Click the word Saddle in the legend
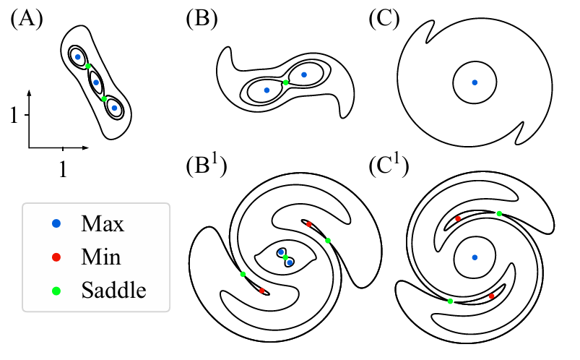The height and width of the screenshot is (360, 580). (x=114, y=291)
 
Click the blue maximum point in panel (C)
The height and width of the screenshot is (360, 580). (x=475, y=82)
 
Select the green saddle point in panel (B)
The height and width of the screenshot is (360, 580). (x=286, y=82)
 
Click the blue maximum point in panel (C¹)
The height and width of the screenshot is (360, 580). (x=475, y=257)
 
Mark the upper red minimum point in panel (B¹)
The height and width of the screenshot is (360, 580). (x=308, y=224)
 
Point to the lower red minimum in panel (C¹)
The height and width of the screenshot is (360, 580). (x=492, y=296)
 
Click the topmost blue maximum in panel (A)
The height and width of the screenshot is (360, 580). (x=78, y=56)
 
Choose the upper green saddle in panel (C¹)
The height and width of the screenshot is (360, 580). (x=499, y=213)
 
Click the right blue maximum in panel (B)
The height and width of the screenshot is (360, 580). (x=304, y=74)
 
